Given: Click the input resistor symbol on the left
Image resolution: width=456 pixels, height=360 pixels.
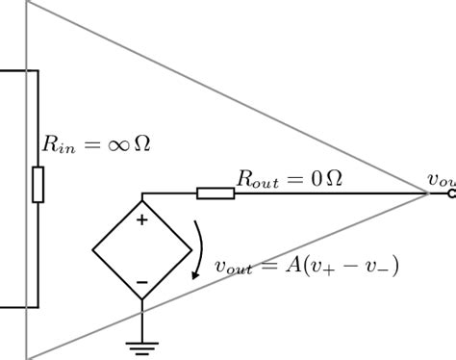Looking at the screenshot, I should [38, 184].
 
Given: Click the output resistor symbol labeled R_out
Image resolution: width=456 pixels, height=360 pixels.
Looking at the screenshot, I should [215, 193].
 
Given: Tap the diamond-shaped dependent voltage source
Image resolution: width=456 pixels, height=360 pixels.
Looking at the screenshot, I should [141, 250].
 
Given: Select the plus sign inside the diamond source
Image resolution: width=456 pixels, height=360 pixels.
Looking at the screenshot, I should [141, 220].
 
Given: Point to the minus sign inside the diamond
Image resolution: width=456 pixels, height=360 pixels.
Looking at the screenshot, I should [141, 281].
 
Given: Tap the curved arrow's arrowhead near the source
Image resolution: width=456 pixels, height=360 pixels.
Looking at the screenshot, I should [196, 275].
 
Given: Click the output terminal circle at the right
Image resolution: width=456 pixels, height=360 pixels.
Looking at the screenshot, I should [451, 193].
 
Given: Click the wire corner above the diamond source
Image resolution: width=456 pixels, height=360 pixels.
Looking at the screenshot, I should [141, 193].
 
